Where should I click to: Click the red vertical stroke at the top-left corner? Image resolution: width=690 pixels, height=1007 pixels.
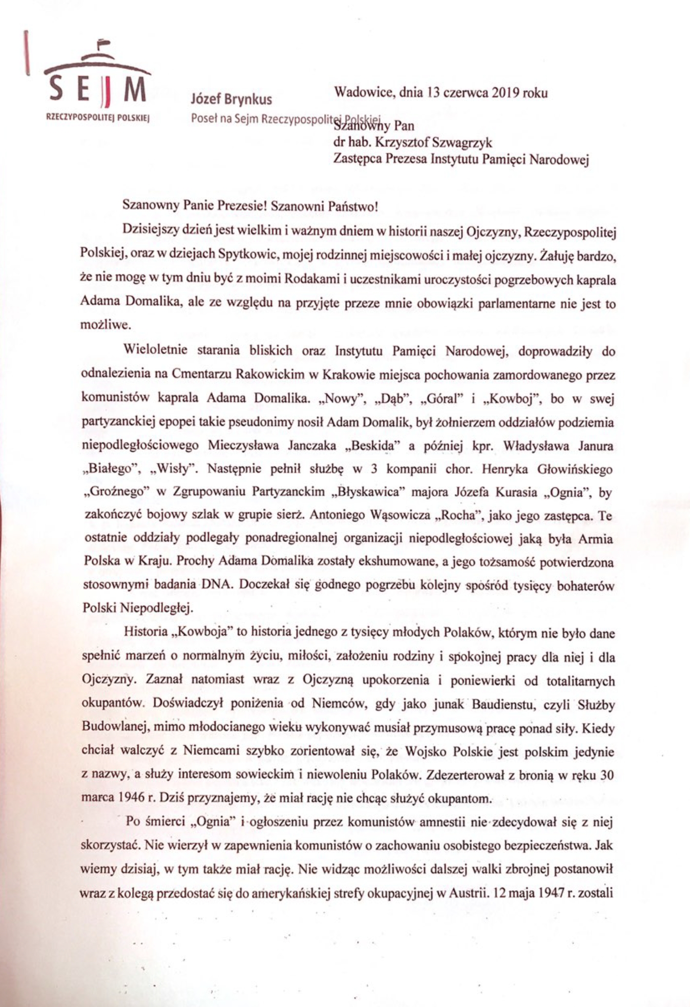pos(28,52)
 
